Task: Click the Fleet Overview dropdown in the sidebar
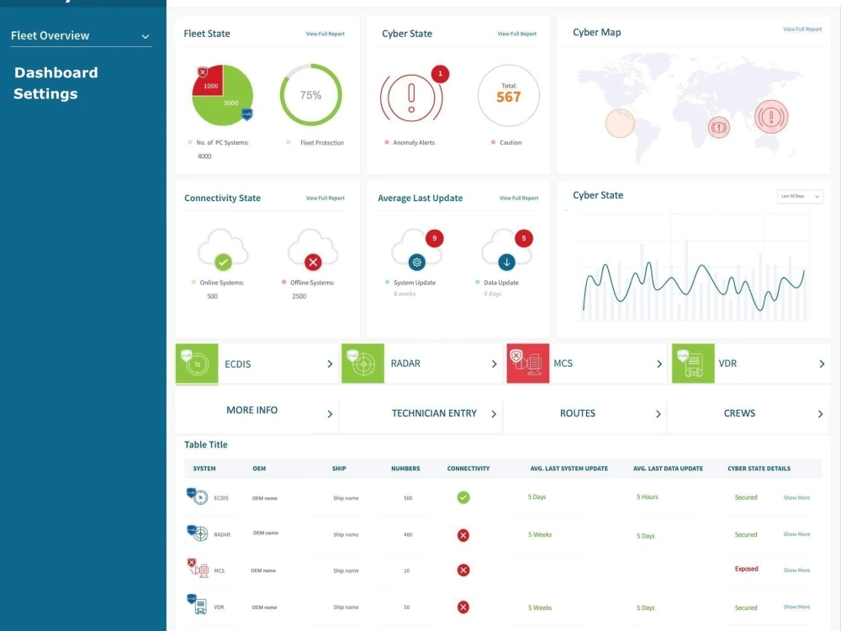tap(80, 36)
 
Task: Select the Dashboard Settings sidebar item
tap(56, 83)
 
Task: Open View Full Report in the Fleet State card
tap(325, 34)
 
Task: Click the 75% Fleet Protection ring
tap(310, 95)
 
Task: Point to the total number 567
tap(508, 97)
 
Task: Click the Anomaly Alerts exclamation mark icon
tap(411, 95)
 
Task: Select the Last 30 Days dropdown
tap(799, 196)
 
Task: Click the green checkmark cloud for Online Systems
tap(223, 262)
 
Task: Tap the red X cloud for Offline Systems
tap(313, 262)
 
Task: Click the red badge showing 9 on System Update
tap(434, 239)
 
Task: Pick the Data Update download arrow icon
tap(506, 262)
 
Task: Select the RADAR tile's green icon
tap(362, 363)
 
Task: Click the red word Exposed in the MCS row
tap(746, 570)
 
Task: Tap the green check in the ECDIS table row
tap(463, 497)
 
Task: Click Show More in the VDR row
tap(796, 607)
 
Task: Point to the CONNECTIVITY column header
tap(468, 469)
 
